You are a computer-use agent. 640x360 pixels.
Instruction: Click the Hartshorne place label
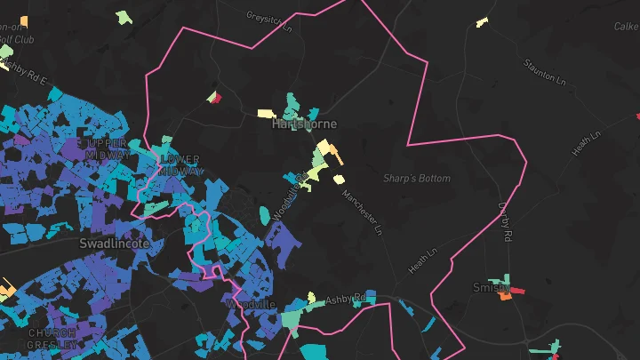tap(304, 124)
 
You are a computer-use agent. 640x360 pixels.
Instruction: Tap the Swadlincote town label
tap(114, 243)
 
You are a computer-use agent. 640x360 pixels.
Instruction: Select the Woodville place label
tap(246, 305)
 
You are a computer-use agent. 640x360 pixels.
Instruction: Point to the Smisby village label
tap(492, 288)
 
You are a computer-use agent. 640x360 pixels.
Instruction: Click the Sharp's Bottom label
tap(417, 179)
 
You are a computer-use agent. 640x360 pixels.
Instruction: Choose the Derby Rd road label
tap(506, 224)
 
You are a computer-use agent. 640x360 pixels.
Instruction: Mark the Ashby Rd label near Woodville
tap(346, 300)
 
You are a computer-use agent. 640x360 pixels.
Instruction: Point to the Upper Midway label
tap(104, 148)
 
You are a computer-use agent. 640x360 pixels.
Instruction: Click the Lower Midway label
tap(182, 165)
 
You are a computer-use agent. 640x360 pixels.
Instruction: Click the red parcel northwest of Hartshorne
tap(214, 99)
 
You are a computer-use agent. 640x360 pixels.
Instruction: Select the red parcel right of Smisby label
tap(517, 291)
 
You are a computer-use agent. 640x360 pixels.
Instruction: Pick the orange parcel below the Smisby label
tap(505, 297)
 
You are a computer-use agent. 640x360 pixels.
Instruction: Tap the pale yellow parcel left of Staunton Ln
tap(482, 22)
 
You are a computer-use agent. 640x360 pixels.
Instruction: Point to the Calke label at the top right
tap(626, 28)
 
